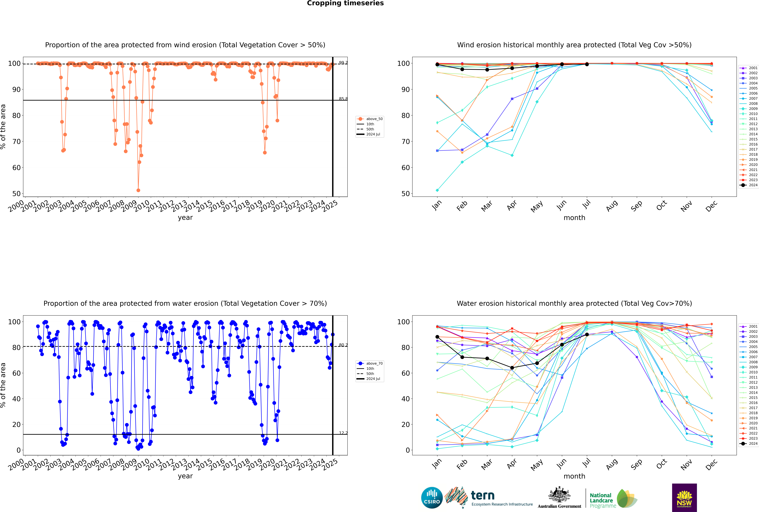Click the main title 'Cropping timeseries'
click(345, 3)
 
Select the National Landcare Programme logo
click(613, 499)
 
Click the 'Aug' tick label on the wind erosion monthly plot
click(612, 206)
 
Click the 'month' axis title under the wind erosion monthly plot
click(574, 218)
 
